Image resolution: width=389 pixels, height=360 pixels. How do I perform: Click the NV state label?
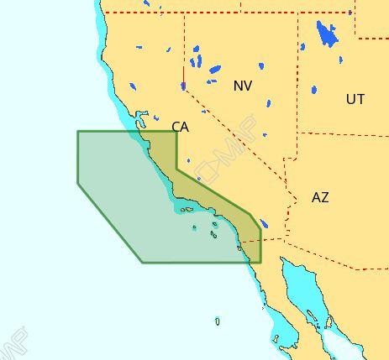tap(243, 86)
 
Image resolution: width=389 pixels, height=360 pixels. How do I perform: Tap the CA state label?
tap(180, 127)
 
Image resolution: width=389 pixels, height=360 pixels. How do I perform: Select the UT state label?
tap(355, 99)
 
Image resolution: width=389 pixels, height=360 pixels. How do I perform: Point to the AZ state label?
tap(320, 197)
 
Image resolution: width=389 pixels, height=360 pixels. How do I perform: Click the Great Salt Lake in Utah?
tap(326, 34)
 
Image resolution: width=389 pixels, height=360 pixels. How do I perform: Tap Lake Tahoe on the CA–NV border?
tap(183, 86)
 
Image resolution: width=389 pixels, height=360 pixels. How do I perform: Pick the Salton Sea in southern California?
tap(264, 224)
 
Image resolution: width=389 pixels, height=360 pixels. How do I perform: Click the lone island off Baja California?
tap(218, 321)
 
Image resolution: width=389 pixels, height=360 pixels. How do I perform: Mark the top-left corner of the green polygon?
tap(78, 131)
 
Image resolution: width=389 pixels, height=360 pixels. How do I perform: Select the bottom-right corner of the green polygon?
tap(260, 263)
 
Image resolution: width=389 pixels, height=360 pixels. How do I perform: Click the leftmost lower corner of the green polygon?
tap(78, 184)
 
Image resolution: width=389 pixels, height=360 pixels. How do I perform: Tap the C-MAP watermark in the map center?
tap(213, 164)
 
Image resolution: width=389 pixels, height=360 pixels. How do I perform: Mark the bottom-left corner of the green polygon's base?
tap(142, 263)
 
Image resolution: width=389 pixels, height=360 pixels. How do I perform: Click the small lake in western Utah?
tap(314, 90)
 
